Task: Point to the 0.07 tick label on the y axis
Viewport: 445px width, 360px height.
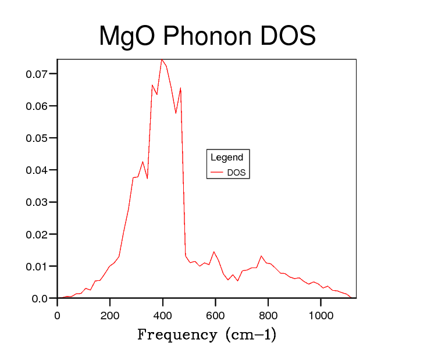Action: [37, 74]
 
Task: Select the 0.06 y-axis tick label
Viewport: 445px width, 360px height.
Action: [37, 106]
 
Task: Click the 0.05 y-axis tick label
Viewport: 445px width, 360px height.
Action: [37, 138]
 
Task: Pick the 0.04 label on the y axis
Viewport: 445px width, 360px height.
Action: [37, 170]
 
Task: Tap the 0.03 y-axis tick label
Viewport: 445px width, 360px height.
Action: [37, 202]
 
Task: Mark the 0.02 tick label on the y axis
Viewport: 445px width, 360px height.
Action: [37, 234]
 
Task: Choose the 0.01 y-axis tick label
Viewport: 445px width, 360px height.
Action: [37, 266]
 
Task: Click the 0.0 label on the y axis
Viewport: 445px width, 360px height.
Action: [40, 298]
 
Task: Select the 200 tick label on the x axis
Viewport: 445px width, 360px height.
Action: [110, 316]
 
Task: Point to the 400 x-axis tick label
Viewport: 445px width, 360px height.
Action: [163, 316]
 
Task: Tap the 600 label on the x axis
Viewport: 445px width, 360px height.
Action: [215, 316]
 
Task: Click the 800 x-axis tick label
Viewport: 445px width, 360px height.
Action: [268, 316]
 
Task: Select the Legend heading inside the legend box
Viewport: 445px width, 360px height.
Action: [227, 158]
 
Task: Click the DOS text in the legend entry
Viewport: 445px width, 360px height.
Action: [236, 173]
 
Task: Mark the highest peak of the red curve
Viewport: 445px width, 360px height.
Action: [162, 59]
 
